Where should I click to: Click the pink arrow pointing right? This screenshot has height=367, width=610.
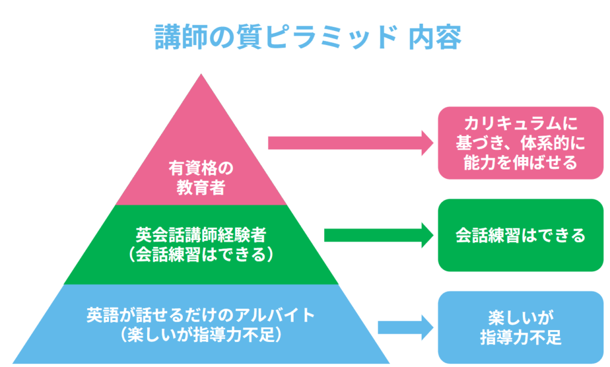(351, 143)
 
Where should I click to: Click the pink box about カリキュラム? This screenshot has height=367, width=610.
(521, 143)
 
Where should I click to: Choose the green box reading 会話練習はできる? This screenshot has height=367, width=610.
(521, 235)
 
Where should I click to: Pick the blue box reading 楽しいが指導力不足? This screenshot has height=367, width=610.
(521, 327)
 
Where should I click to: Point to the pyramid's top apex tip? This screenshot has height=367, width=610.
(201, 76)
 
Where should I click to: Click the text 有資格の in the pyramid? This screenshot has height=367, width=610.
(201, 168)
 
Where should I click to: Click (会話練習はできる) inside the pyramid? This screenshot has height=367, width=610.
(201, 253)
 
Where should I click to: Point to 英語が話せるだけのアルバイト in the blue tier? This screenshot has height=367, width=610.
(201, 315)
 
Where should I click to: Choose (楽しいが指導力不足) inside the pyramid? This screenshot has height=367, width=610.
(201, 335)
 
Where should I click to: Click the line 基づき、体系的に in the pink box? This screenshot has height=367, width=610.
(521, 143)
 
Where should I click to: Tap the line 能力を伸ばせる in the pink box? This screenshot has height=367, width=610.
(521, 162)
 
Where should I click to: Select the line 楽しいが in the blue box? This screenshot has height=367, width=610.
(521, 317)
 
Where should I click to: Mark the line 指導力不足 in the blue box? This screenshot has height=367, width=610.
(521, 338)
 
